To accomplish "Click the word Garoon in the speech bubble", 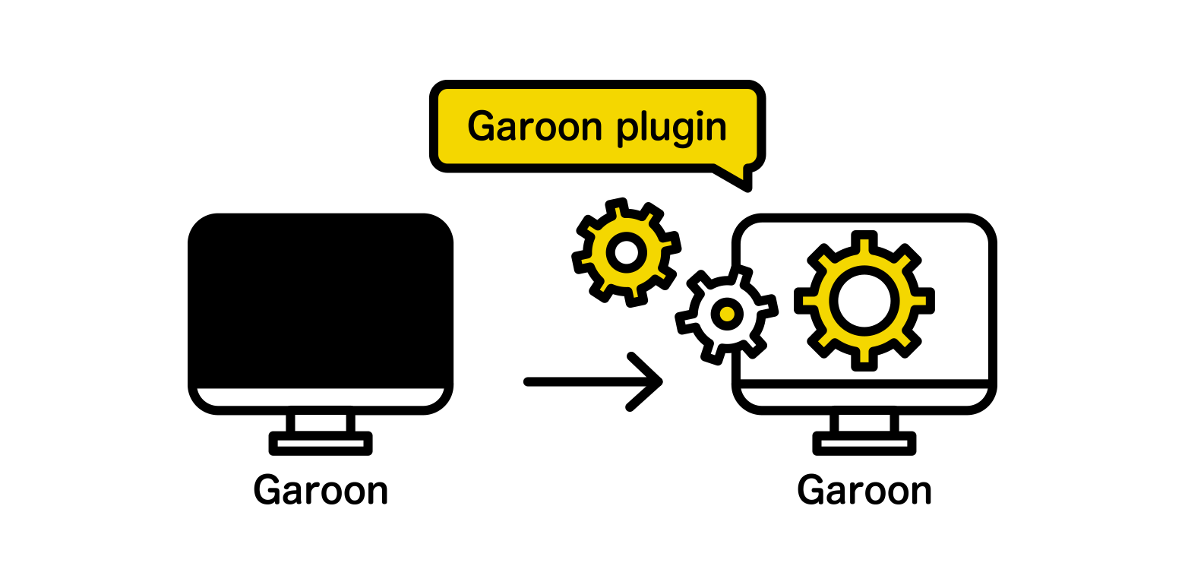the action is pyautogui.click(x=535, y=126).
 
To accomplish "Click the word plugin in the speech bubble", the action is pyautogui.click(x=671, y=128).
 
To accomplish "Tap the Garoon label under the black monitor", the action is pyautogui.click(x=321, y=490).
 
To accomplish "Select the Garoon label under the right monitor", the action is pyautogui.click(x=864, y=490).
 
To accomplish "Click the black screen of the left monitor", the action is pyautogui.click(x=321, y=300).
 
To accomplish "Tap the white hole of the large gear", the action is pyautogui.click(x=864, y=301).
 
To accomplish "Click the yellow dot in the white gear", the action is pyautogui.click(x=728, y=315).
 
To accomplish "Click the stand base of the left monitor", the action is pyautogui.click(x=321, y=443).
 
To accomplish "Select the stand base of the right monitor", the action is pyautogui.click(x=864, y=443).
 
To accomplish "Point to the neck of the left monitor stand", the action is pyautogui.click(x=321, y=422).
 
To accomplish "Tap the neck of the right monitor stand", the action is pyautogui.click(x=864, y=422).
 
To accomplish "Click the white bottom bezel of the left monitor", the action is pyautogui.click(x=321, y=397).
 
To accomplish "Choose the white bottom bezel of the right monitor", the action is pyautogui.click(x=864, y=397).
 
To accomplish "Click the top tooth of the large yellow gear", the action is pyautogui.click(x=864, y=242).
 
